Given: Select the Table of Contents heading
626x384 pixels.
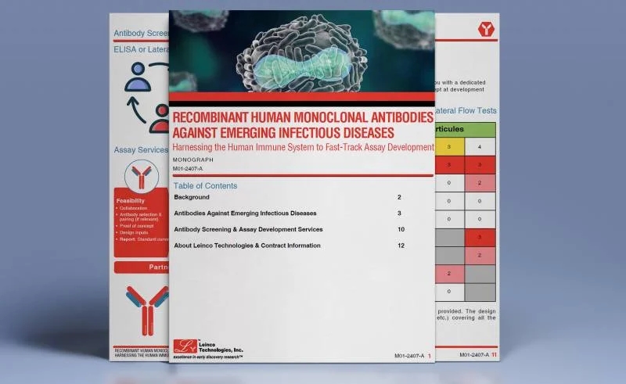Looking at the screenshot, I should click(205, 186).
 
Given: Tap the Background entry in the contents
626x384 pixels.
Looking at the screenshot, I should click(192, 198).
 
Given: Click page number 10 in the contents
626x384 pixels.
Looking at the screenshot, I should click(401, 229).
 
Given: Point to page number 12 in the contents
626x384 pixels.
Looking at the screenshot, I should click(401, 246).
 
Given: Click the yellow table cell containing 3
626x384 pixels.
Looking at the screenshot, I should click(449, 146).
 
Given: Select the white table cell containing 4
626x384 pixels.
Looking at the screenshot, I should click(480, 146).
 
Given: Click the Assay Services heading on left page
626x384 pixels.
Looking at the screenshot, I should click(141, 149).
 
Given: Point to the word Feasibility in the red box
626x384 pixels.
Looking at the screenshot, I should click(130, 201).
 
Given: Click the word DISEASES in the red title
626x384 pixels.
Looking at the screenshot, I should click(365, 131).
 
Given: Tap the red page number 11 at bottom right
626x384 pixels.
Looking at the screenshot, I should click(494, 355).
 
